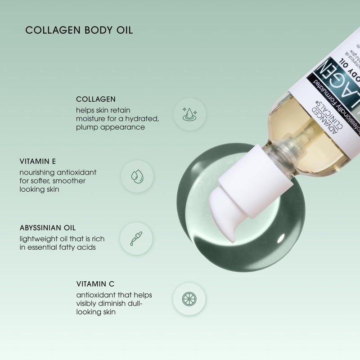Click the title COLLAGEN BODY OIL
79,31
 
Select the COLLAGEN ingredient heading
96,99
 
